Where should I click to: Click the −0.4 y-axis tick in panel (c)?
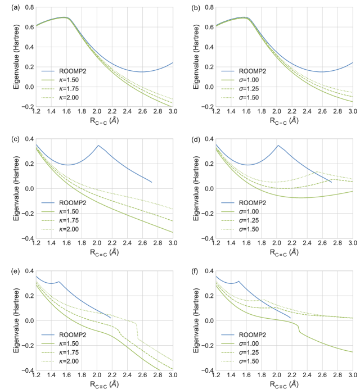point(25,239)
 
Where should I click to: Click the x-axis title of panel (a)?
point(104,121)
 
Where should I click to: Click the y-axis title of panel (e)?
point(8,321)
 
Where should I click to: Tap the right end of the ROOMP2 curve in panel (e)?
point(110,318)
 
